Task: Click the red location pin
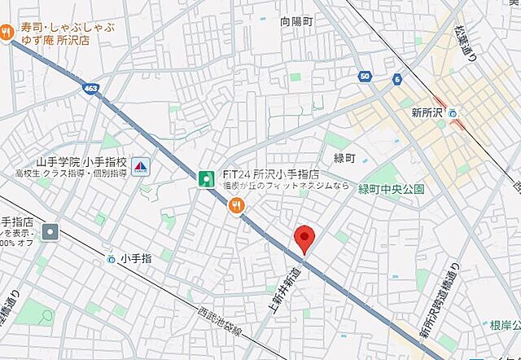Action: click(x=304, y=238)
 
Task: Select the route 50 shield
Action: click(x=364, y=77)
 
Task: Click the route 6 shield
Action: click(x=396, y=78)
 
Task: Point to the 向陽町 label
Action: click(x=296, y=22)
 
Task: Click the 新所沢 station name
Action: click(x=425, y=112)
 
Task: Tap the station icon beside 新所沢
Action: click(x=453, y=113)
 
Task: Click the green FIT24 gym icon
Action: click(x=208, y=178)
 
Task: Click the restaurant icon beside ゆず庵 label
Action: click(x=7, y=33)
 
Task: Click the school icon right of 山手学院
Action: click(x=139, y=166)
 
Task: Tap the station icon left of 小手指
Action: click(x=111, y=259)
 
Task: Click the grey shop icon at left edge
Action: click(x=50, y=232)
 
